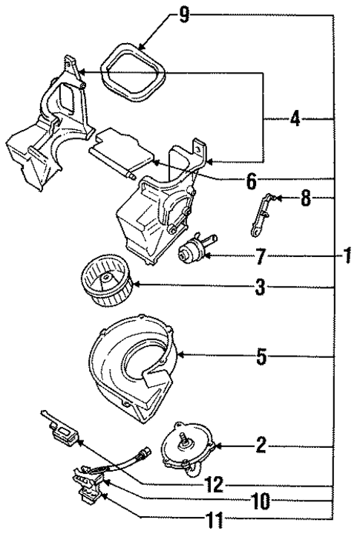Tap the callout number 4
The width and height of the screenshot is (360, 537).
295,119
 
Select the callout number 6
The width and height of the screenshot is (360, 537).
251,180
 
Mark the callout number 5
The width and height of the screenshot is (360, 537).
260,357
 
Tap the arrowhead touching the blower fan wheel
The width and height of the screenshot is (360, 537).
141,286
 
